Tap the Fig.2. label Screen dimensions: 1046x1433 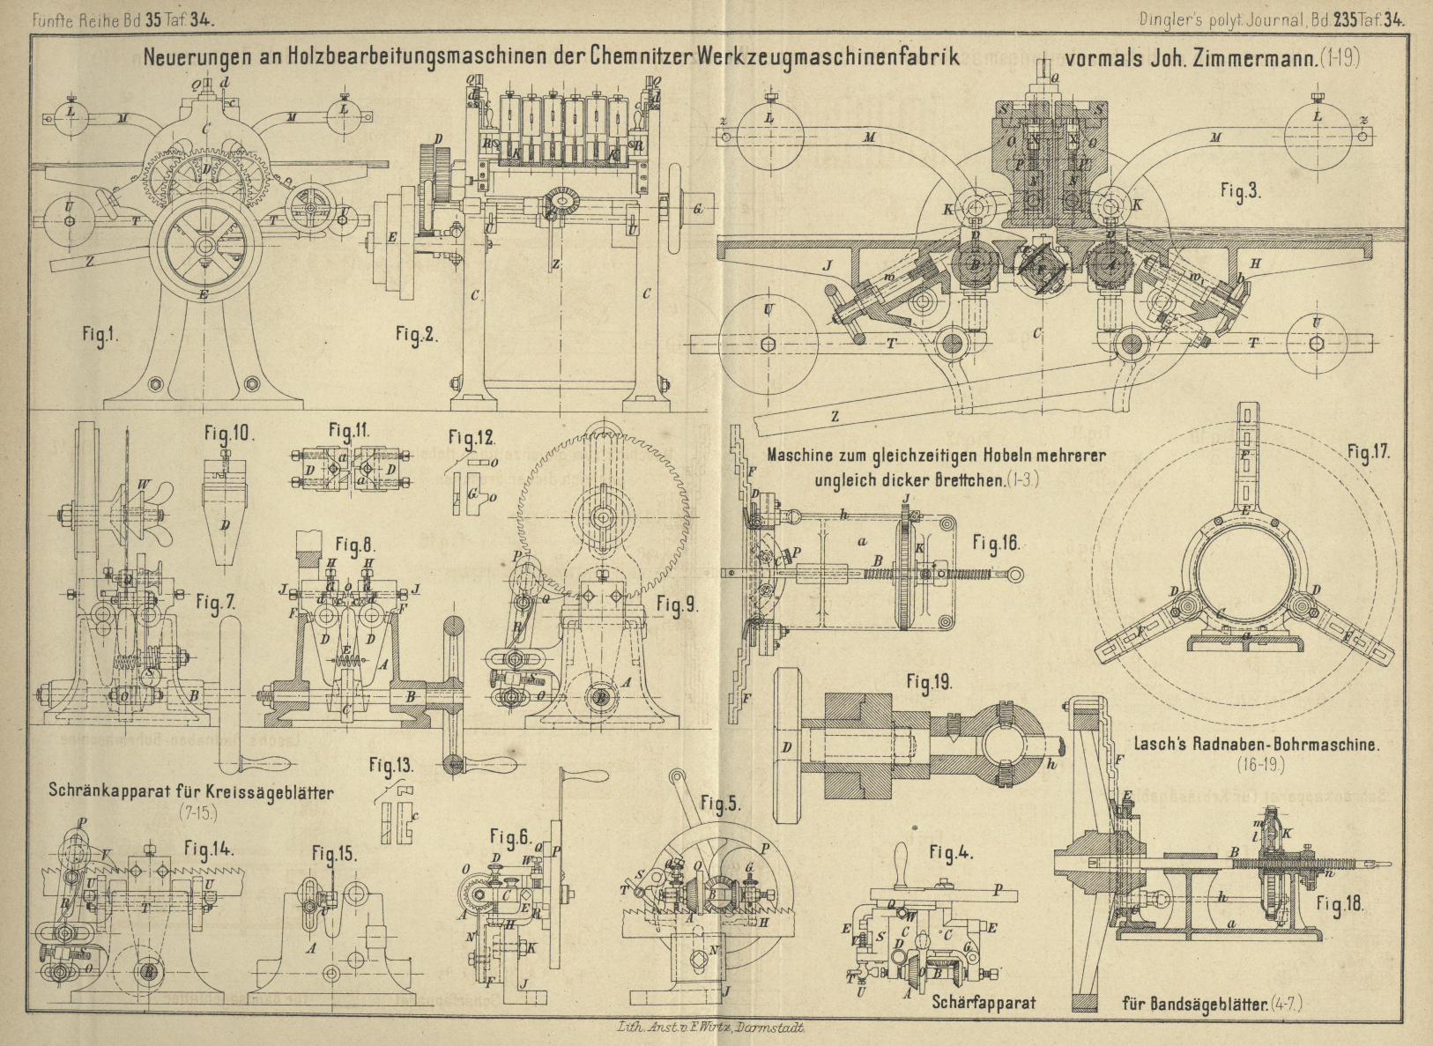416,334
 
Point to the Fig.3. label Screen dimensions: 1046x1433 1241,191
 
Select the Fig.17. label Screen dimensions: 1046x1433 1368,452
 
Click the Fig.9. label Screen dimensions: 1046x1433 677,605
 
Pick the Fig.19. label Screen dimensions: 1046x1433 929,682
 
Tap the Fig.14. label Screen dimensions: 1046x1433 209,849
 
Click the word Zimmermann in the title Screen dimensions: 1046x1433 1254,59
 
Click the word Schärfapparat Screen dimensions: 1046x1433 984,1002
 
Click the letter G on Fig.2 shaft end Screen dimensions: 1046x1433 697,209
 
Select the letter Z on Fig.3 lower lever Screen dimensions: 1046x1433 835,415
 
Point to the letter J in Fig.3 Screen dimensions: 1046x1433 827,264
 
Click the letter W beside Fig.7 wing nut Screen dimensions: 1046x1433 143,484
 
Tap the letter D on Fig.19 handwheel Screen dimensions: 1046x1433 787,746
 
